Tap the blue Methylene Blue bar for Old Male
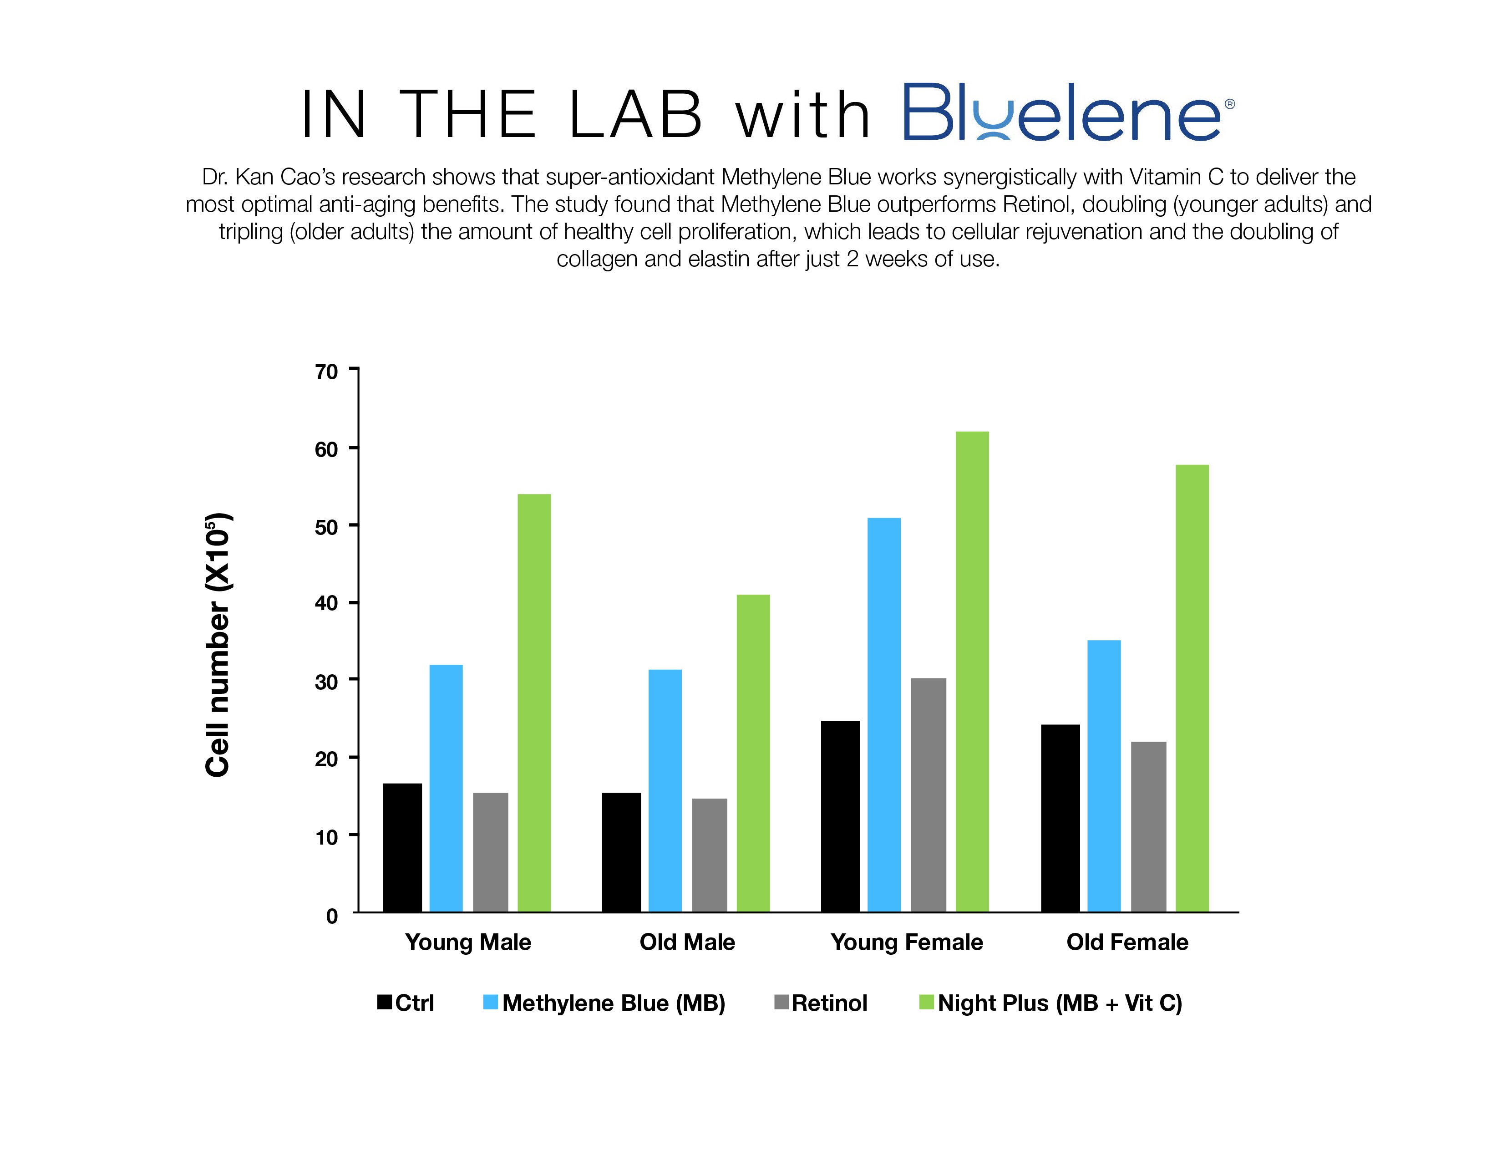click(x=665, y=790)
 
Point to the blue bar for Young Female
click(x=884, y=715)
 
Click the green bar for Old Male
click(x=753, y=753)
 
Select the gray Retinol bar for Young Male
click(x=490, y=852)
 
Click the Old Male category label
click(x=687, y=942)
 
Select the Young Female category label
click(x=906, y=942)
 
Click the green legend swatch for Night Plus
click(x=926, y=1002)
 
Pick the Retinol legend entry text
click(x=829, y=1003)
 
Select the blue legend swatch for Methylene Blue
click(x=490, y=1002)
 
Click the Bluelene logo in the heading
click(x=1062, y=113)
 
